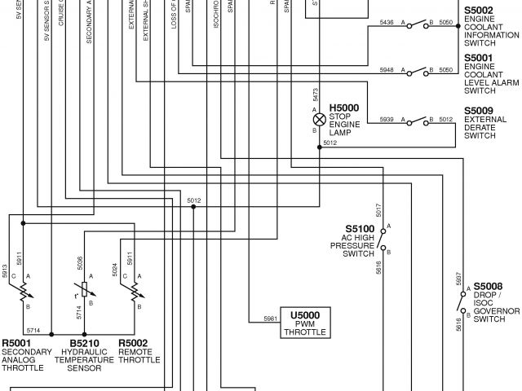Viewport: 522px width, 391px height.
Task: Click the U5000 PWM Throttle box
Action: [306, 323]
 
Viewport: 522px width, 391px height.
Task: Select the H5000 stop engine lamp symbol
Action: [319, 119]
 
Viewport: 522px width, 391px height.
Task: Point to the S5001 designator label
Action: [478, 58]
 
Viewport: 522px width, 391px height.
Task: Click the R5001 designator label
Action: [18, 343]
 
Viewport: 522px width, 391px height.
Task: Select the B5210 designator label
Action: [84, 343]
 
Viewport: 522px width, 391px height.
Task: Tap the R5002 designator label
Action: [133, 343]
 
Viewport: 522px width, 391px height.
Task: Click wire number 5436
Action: [387, 23]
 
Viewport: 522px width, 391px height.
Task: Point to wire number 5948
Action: [387, 71]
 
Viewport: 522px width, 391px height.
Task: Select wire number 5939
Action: [387, 120]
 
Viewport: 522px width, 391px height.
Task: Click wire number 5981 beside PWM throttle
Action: [271, 318]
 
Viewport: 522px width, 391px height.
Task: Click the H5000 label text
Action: [343, 108]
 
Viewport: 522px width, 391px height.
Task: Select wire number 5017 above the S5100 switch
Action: [380, 209]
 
